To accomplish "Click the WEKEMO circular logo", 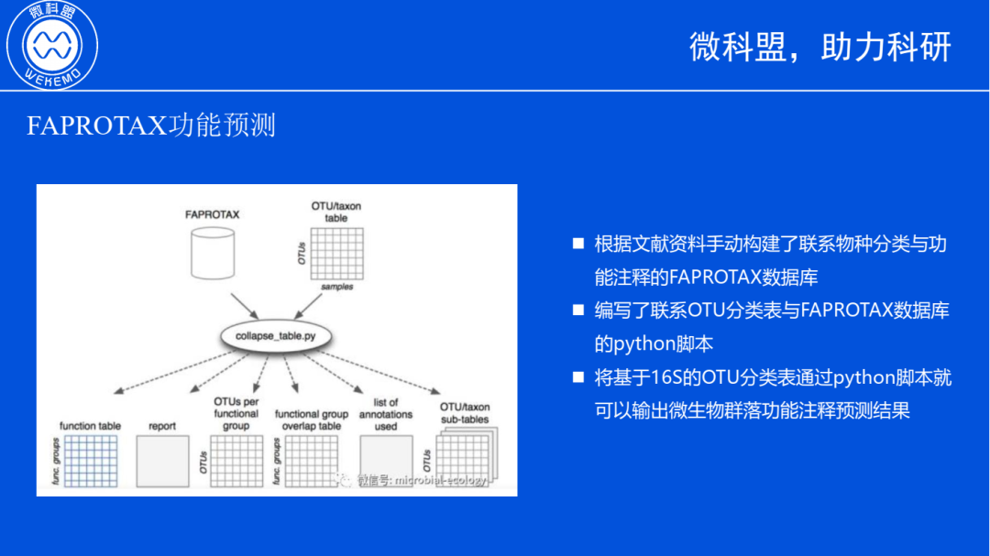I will click(52, 45).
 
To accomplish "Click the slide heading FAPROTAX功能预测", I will click(151, 125).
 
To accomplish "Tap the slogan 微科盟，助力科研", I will click(820, 47).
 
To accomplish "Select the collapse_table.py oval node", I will click(276, 336).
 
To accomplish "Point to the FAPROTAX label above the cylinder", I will click(212, 215).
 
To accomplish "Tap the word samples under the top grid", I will click(336, 287).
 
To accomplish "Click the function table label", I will click(90, 426).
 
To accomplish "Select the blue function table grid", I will click(90, 461).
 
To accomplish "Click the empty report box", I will click(162, 461).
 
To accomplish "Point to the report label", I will click(162, 426).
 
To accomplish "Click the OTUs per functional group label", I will click(236, 413).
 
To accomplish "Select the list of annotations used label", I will click(386, 414).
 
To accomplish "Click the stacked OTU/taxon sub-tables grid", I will click(464, 458).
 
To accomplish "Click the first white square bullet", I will click(578, 244).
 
